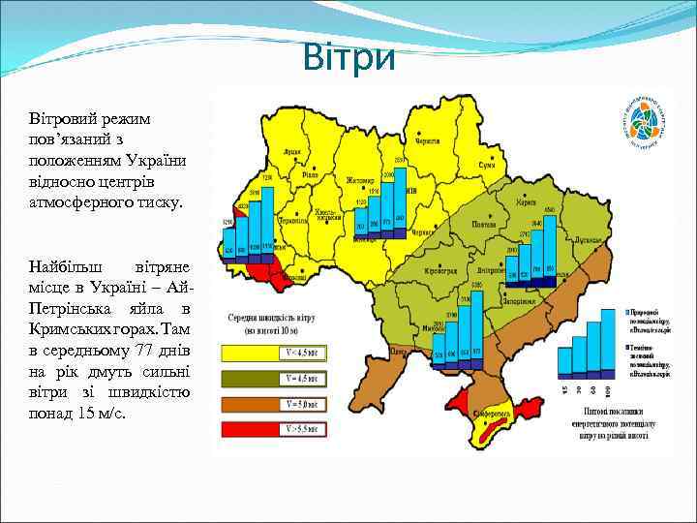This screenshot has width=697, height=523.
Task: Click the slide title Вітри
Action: point(348,57)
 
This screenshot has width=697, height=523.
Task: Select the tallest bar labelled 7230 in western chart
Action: point(267,219)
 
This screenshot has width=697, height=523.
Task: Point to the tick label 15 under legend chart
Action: point(564,389)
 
